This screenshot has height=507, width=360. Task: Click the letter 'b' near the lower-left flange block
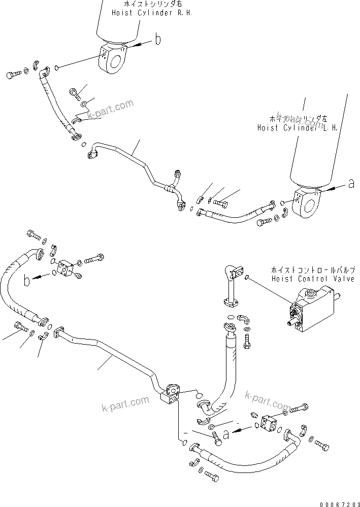[x=25, y=279]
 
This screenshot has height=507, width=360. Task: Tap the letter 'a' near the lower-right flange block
[x=226, y=433]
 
